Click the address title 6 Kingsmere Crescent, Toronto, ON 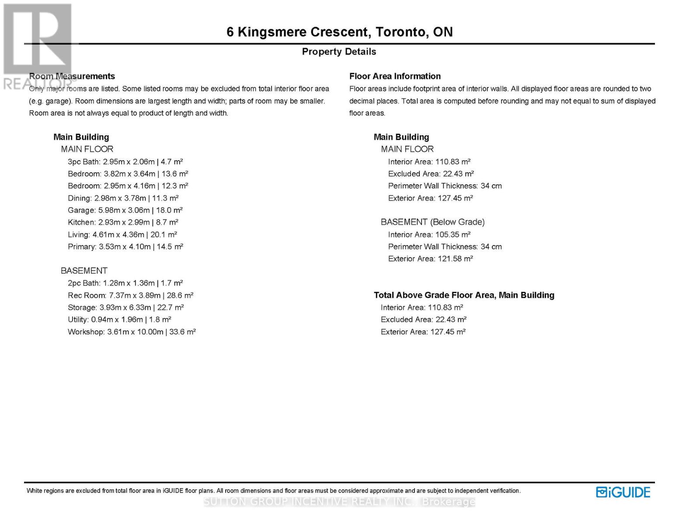(339, 32)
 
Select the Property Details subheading (339, 52)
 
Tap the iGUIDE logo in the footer (623, 492)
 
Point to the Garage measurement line (125, 210)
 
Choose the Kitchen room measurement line (123, 222)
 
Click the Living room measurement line (122, 234)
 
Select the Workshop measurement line (132, 332)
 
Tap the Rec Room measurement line (130, 295)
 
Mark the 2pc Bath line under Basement (125, 283)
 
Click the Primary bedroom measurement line (125, 247)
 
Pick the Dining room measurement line (123, 198)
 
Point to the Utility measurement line (119, 319)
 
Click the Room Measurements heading (72, 76)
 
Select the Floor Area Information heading (395, 76)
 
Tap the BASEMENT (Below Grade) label (432, 222)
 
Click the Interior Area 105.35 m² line (429, 234)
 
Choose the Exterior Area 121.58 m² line (430, 259)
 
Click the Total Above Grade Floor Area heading (464, 295)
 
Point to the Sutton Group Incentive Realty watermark (339, 502)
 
